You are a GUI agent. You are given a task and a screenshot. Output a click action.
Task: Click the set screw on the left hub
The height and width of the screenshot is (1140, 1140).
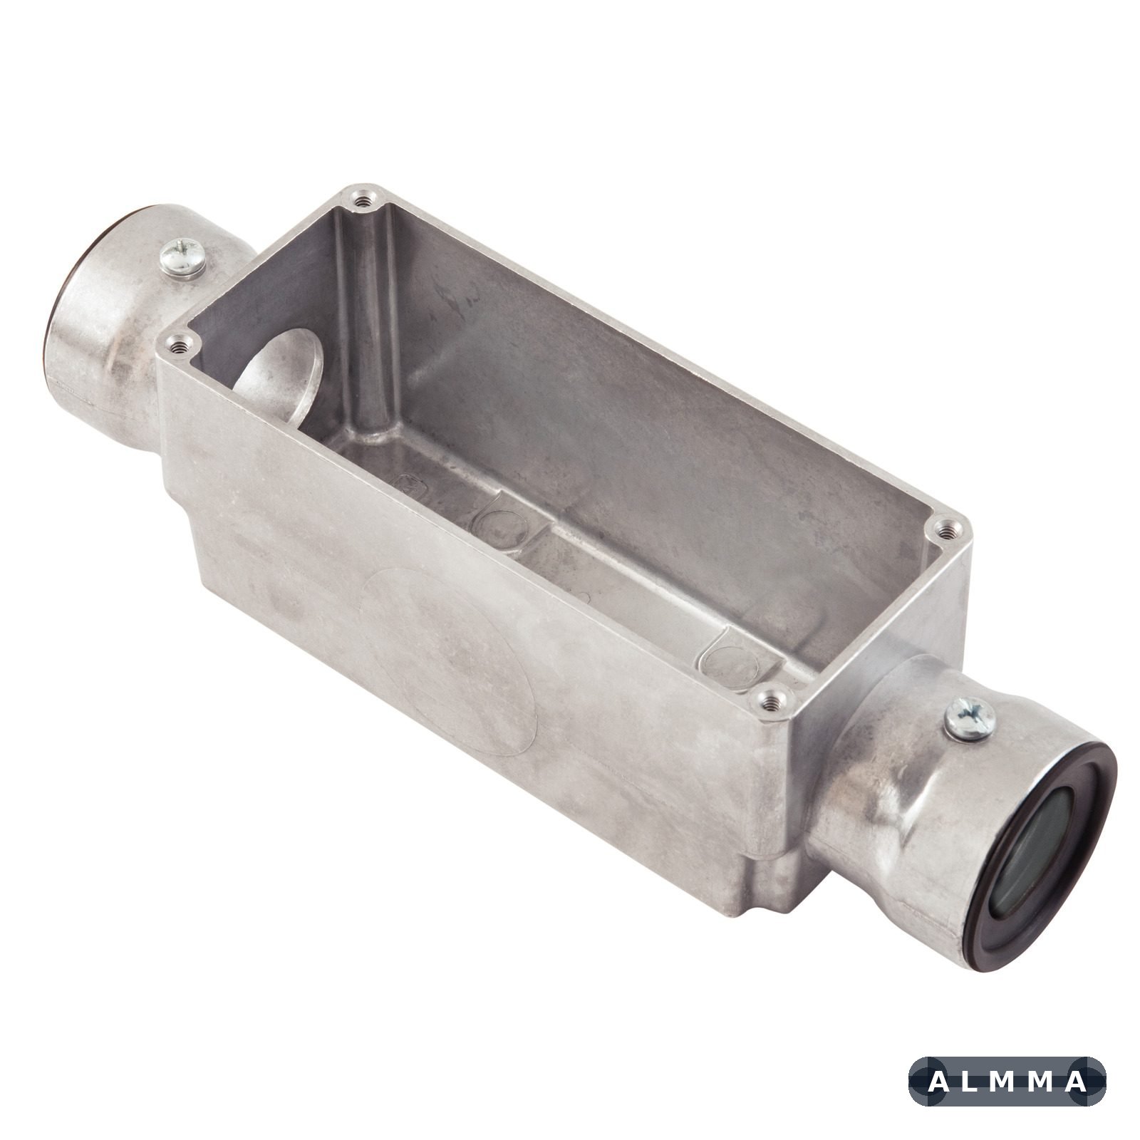tap(183, 259)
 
